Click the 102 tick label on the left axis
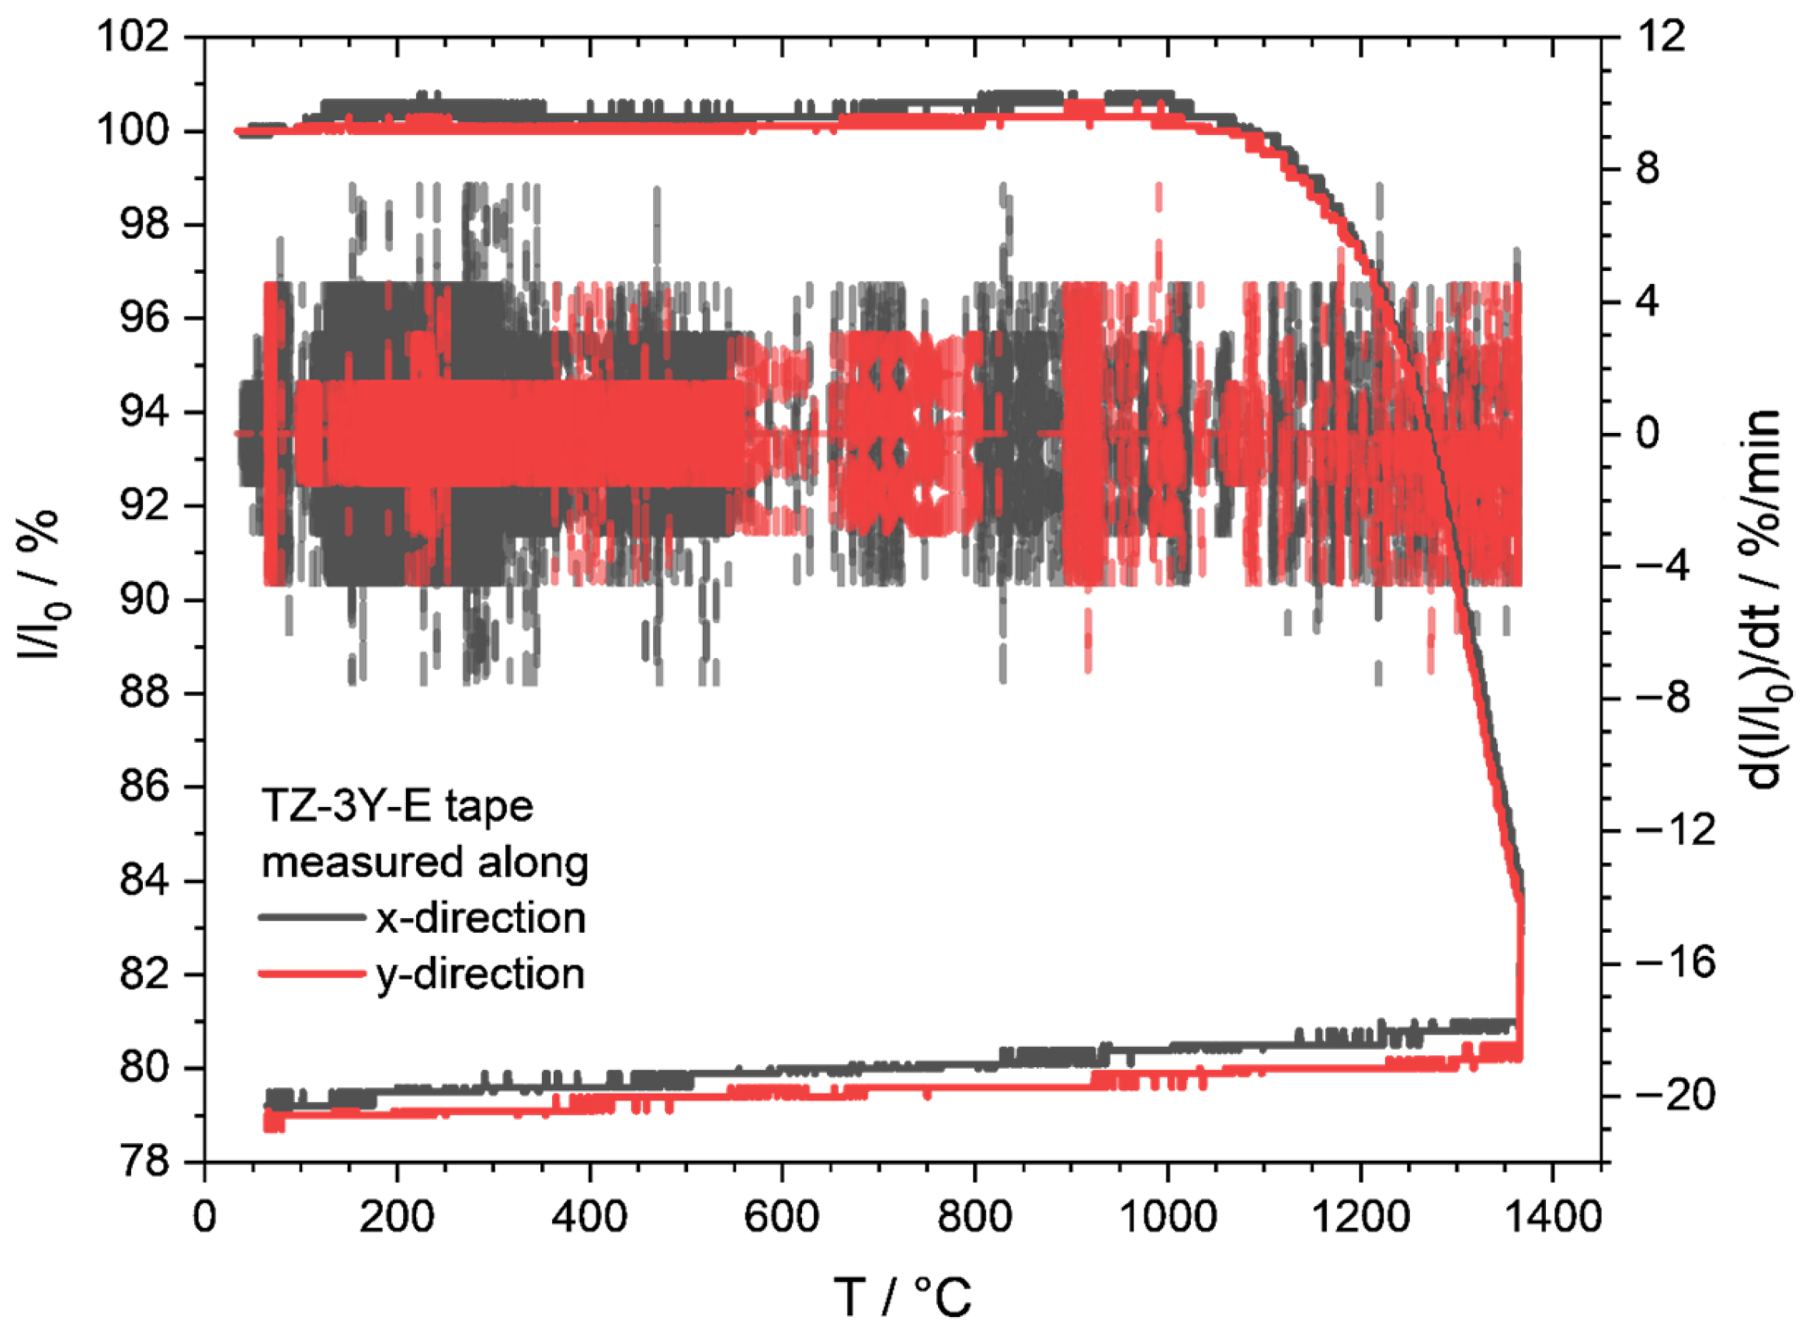pyautogui.click(x=134, y=37)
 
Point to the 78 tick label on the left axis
pyautogui.click(x=145, y=1162)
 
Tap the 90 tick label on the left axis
pyautogui.click(x=145, y=600)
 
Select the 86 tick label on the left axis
pyautogui.click(x=145, y=788)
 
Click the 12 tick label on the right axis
pyautogui.click(x=1661, y=37)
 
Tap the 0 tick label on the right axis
pyautogui.click(x=1648, y=434)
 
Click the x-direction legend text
pyautogui.click(x=481, y=918)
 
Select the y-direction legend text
pyautogui.click(x=481, y=974)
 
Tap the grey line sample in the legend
pyautogui.click(x=312, y=917)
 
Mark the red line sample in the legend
pyautogui.click(x=312, y=974)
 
